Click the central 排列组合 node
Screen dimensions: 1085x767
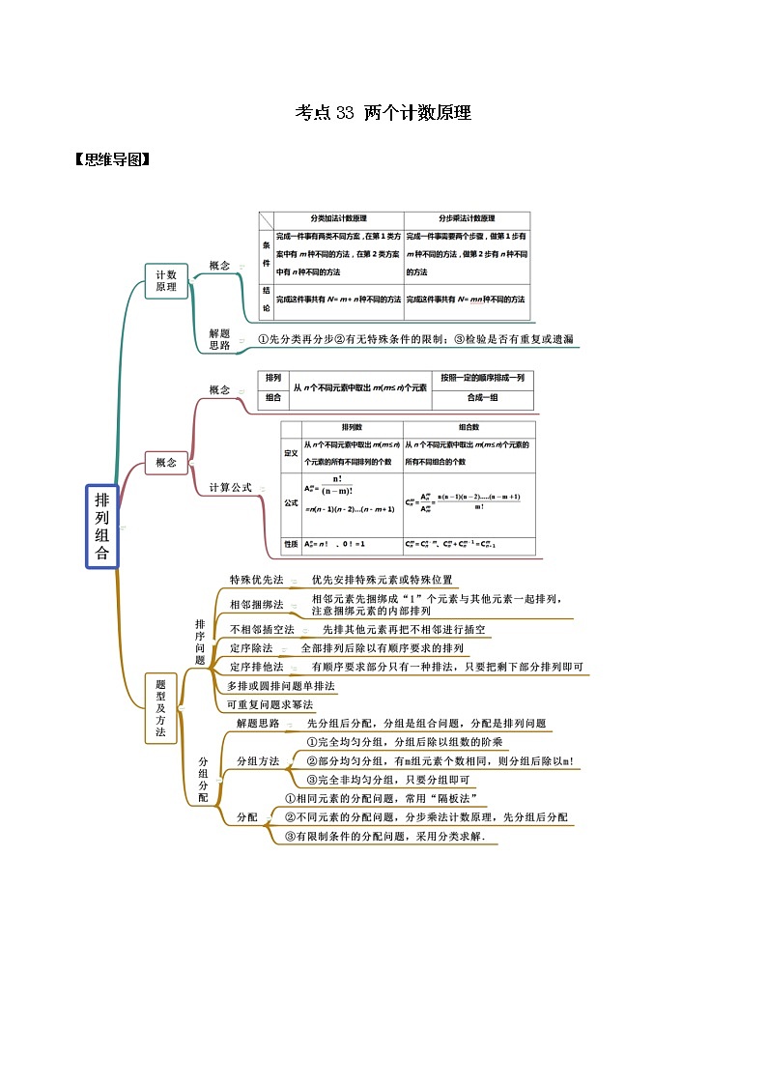point(101,527)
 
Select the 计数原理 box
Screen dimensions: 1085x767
point(166,281)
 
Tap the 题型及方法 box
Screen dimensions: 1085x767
point(160,708)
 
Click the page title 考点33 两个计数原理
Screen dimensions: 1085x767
point(383,113)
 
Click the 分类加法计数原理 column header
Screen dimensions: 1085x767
point(338,219)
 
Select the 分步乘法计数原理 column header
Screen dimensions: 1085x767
point(467,219)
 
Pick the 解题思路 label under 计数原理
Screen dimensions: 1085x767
point(219,339)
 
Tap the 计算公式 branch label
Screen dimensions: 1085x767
point(230,488)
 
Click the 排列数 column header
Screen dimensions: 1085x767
point(352,427)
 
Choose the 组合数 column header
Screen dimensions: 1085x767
point(469,427)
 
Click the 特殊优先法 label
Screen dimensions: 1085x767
point(256,580)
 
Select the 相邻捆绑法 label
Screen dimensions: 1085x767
point(256,605)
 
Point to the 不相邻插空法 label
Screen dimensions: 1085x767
point(262,629)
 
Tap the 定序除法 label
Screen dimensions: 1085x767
point(251,648)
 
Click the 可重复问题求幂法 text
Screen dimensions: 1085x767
point(270,704)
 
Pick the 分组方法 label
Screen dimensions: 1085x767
point(258,761)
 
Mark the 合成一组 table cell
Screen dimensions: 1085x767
point(481,397)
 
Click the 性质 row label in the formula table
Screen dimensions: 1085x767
point(290,545)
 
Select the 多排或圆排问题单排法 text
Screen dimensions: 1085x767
point(281,686)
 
